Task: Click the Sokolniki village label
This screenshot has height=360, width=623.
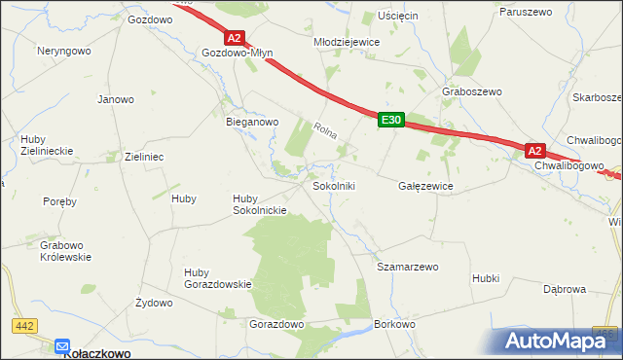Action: (334, 185)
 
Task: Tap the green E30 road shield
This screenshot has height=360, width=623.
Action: (390, 119)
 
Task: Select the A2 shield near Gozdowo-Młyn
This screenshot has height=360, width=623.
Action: (234, 38)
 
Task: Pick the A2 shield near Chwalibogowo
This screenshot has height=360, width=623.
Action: (534, 151)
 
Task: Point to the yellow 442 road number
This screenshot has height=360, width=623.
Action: (25, 324)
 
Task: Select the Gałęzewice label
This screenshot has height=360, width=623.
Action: (426, 185)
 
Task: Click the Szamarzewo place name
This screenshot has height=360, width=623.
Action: (408, 266)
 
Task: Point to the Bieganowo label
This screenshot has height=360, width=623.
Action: (252, 123)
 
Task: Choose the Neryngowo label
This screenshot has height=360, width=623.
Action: (64, 50)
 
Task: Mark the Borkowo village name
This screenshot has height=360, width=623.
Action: (395, 324)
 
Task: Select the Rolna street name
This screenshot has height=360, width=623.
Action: (325, 128)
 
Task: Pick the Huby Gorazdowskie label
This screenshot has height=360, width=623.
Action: (217, 278)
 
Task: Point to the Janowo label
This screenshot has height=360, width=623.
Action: (115, 99)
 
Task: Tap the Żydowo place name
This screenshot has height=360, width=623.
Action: (153, 303)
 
